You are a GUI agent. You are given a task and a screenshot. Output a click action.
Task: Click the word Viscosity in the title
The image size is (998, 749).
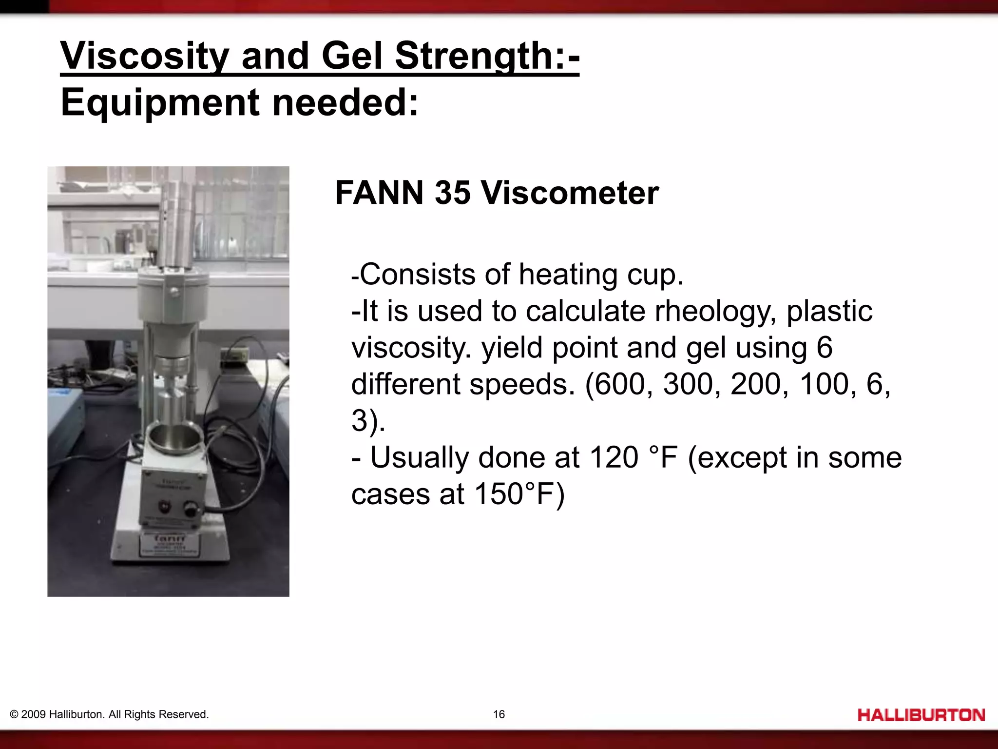coord(144,56)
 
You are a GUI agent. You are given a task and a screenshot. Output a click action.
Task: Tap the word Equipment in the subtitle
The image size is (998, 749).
coord(160,102)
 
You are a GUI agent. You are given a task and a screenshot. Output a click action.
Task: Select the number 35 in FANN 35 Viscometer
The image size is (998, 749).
coord(452,193)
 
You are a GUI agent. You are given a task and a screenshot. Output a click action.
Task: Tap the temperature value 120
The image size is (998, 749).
coord(614,457)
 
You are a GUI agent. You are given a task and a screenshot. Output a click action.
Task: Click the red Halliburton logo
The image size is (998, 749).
coord(921,715)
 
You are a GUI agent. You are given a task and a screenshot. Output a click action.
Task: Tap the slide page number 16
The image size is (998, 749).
coord(499,714)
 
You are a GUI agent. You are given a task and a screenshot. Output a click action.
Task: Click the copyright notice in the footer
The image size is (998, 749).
coord(109,714)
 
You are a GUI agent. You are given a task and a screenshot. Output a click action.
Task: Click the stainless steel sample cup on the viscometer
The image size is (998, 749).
coord(175,436)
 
